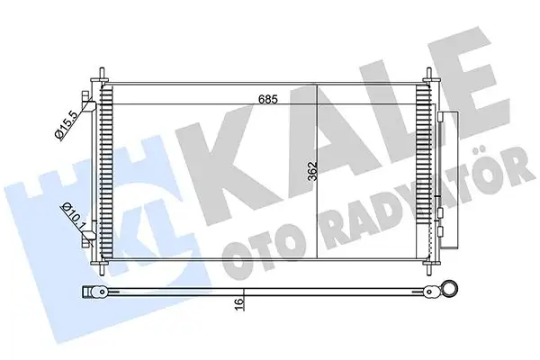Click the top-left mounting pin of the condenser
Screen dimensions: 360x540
click(x=100, y=75)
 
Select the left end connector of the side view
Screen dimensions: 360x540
click(x=89, y=292)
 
